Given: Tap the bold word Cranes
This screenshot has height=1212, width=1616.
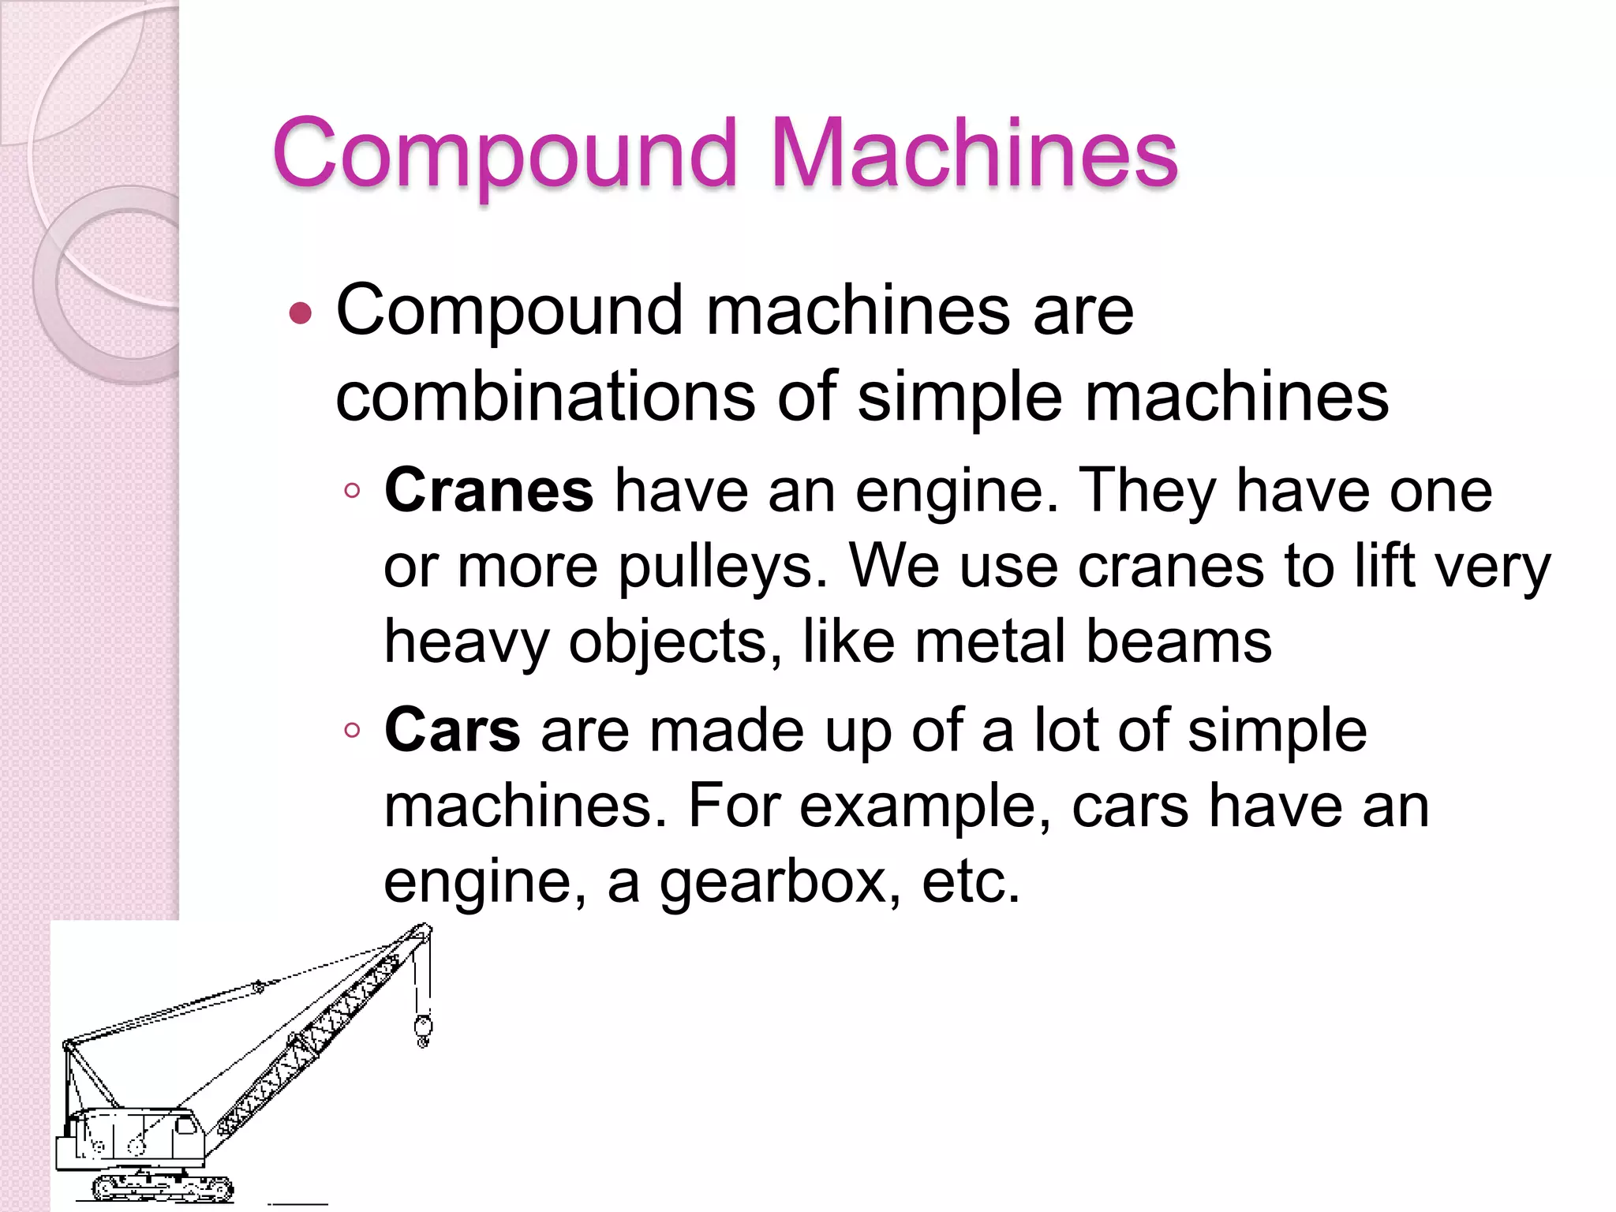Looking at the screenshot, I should click(x=488, y=490).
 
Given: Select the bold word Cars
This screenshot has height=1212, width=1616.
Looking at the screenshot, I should click(x=451, y=730).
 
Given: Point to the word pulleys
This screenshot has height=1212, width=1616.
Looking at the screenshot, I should click(x=721, y=567).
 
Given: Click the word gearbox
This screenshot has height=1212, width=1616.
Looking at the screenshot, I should click(x=779, y=881).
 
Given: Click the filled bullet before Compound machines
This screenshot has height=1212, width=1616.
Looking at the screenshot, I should click(x=301, y=314).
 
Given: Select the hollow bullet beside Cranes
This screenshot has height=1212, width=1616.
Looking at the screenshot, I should click(x=352, y=492).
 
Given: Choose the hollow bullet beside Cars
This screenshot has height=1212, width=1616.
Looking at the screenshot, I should click(x=352, y=731).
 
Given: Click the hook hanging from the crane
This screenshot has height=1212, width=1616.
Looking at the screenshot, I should click(x=423, y=1029).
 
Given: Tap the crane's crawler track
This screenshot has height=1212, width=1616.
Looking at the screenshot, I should click(x=163, y=1187).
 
